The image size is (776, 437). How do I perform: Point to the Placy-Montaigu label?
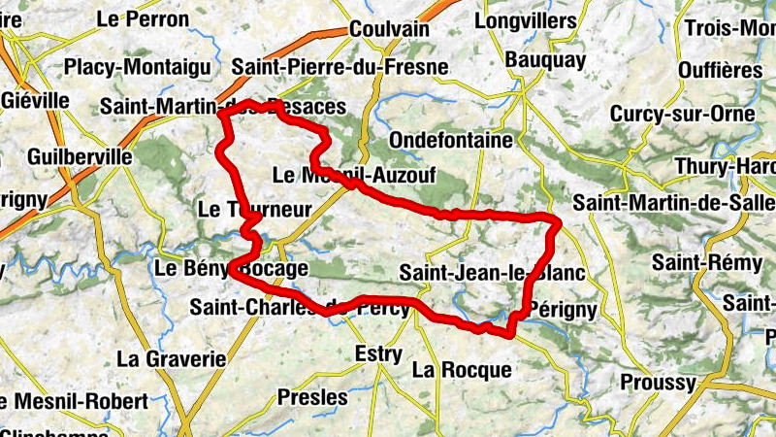click(137, 67)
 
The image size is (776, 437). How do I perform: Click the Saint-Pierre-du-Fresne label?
click(340, 67)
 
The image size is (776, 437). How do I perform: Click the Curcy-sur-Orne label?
click(682, 114)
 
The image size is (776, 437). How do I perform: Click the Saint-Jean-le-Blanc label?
click(492, 273)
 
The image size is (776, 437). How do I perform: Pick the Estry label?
click(378, 353)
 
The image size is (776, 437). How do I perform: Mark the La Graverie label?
click(171, 358)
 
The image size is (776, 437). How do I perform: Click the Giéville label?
click(36, 100)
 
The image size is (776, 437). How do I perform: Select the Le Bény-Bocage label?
click(232, 268)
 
